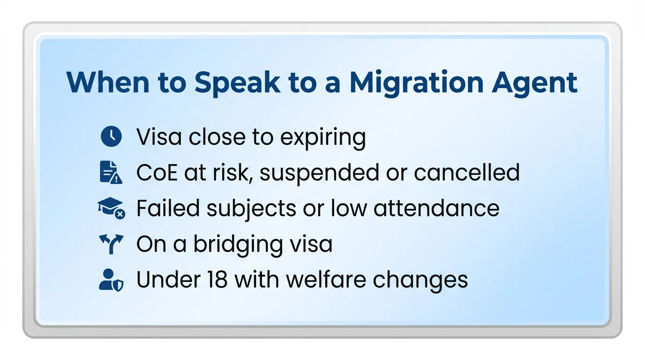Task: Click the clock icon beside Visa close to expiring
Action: point(111,137)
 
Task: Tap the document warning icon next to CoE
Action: point(111,172)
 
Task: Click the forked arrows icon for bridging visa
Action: point(111,244)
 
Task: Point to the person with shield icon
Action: point(111,280)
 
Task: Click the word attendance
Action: point(437,209)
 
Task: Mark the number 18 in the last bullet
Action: point(217,280)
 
